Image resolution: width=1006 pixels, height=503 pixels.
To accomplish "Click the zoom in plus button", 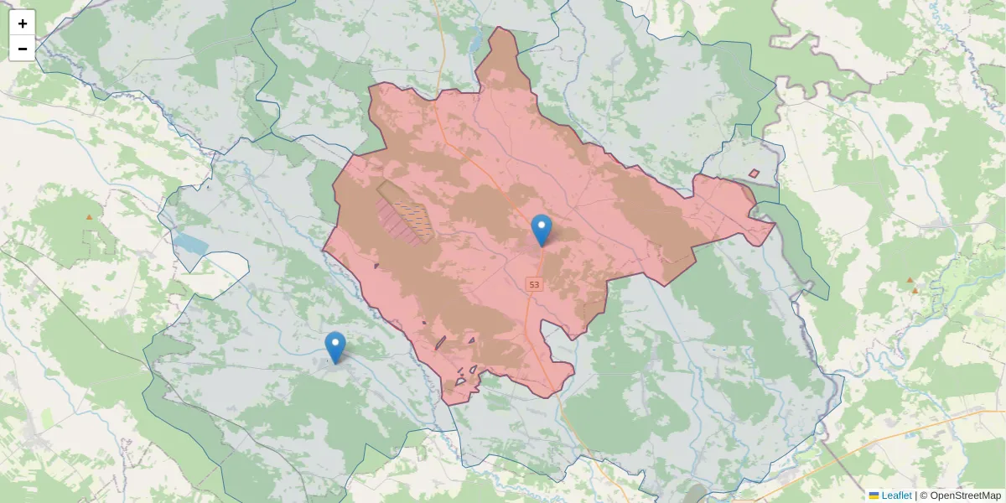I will (x=22, y=23).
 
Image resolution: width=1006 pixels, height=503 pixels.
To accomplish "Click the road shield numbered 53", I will (x=535, y=285).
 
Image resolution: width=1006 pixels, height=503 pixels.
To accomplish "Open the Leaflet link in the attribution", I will (x=896, y=495).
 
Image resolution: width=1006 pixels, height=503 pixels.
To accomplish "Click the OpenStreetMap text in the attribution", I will (x=965, y=495).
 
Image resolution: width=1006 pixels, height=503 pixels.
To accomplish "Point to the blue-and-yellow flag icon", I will (x=874, y=495).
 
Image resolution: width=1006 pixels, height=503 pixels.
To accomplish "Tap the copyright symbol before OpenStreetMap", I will (x=923, y=495).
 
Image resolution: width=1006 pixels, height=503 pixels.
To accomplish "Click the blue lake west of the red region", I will (x=190, y=244).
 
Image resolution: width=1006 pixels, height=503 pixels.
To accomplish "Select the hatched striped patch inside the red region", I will (x=407, y=215).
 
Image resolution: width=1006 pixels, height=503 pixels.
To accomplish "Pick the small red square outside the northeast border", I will (x=754, y=174).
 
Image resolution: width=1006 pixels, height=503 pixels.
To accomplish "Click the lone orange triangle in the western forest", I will (x=89, y=217).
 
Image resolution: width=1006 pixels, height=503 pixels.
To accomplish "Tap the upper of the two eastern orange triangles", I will (x=910, y=280).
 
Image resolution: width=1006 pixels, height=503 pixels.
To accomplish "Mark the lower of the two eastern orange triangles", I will (x=915, y=291).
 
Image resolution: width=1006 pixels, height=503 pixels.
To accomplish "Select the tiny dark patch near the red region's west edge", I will (x=376, y=266).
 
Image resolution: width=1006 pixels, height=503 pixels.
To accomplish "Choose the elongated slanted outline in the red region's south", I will (x=440, y=342).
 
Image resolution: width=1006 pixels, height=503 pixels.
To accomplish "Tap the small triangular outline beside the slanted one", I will (x=472, y=340).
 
